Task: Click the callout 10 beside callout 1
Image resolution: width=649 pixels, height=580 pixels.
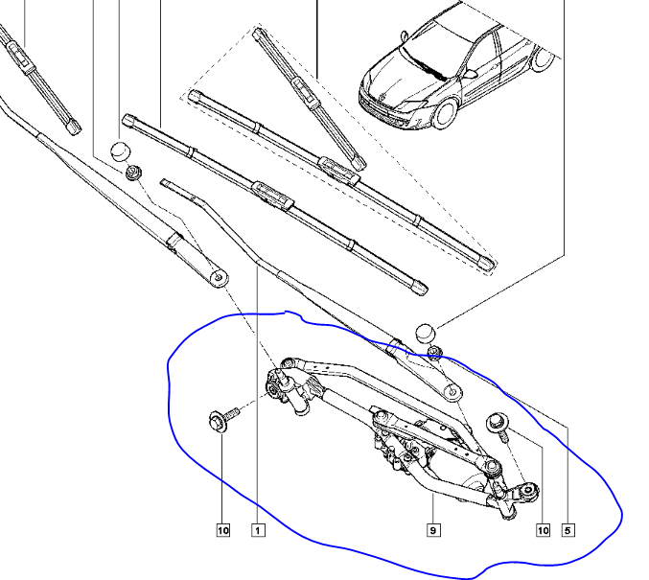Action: [x=222, y=530]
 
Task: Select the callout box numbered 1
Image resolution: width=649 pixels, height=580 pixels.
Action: [x=258, y=530]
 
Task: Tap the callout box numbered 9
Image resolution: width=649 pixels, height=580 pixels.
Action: [x=433, y=530]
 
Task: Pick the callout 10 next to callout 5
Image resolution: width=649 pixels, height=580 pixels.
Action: [x=543, y=530]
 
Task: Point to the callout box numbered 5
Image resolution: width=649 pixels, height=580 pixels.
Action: [x=568, y=530]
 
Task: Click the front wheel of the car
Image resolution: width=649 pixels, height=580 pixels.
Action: [x=445, y=112]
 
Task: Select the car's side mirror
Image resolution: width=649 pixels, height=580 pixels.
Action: [x=470, y=74]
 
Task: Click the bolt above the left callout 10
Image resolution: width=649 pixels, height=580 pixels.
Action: [x=223, y=418]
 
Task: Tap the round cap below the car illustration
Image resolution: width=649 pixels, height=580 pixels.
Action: [x=426, y=334]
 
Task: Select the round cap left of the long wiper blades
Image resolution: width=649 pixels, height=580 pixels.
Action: [x=121, y=151]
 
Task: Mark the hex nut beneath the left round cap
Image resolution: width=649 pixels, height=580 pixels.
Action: [x=133, y=173]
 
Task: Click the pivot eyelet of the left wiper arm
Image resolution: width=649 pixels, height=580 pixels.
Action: [x=219, y=277]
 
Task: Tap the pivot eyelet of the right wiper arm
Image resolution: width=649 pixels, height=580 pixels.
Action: [x=452, y=392]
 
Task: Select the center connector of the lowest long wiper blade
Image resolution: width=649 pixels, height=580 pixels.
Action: [x=272, y=195]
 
